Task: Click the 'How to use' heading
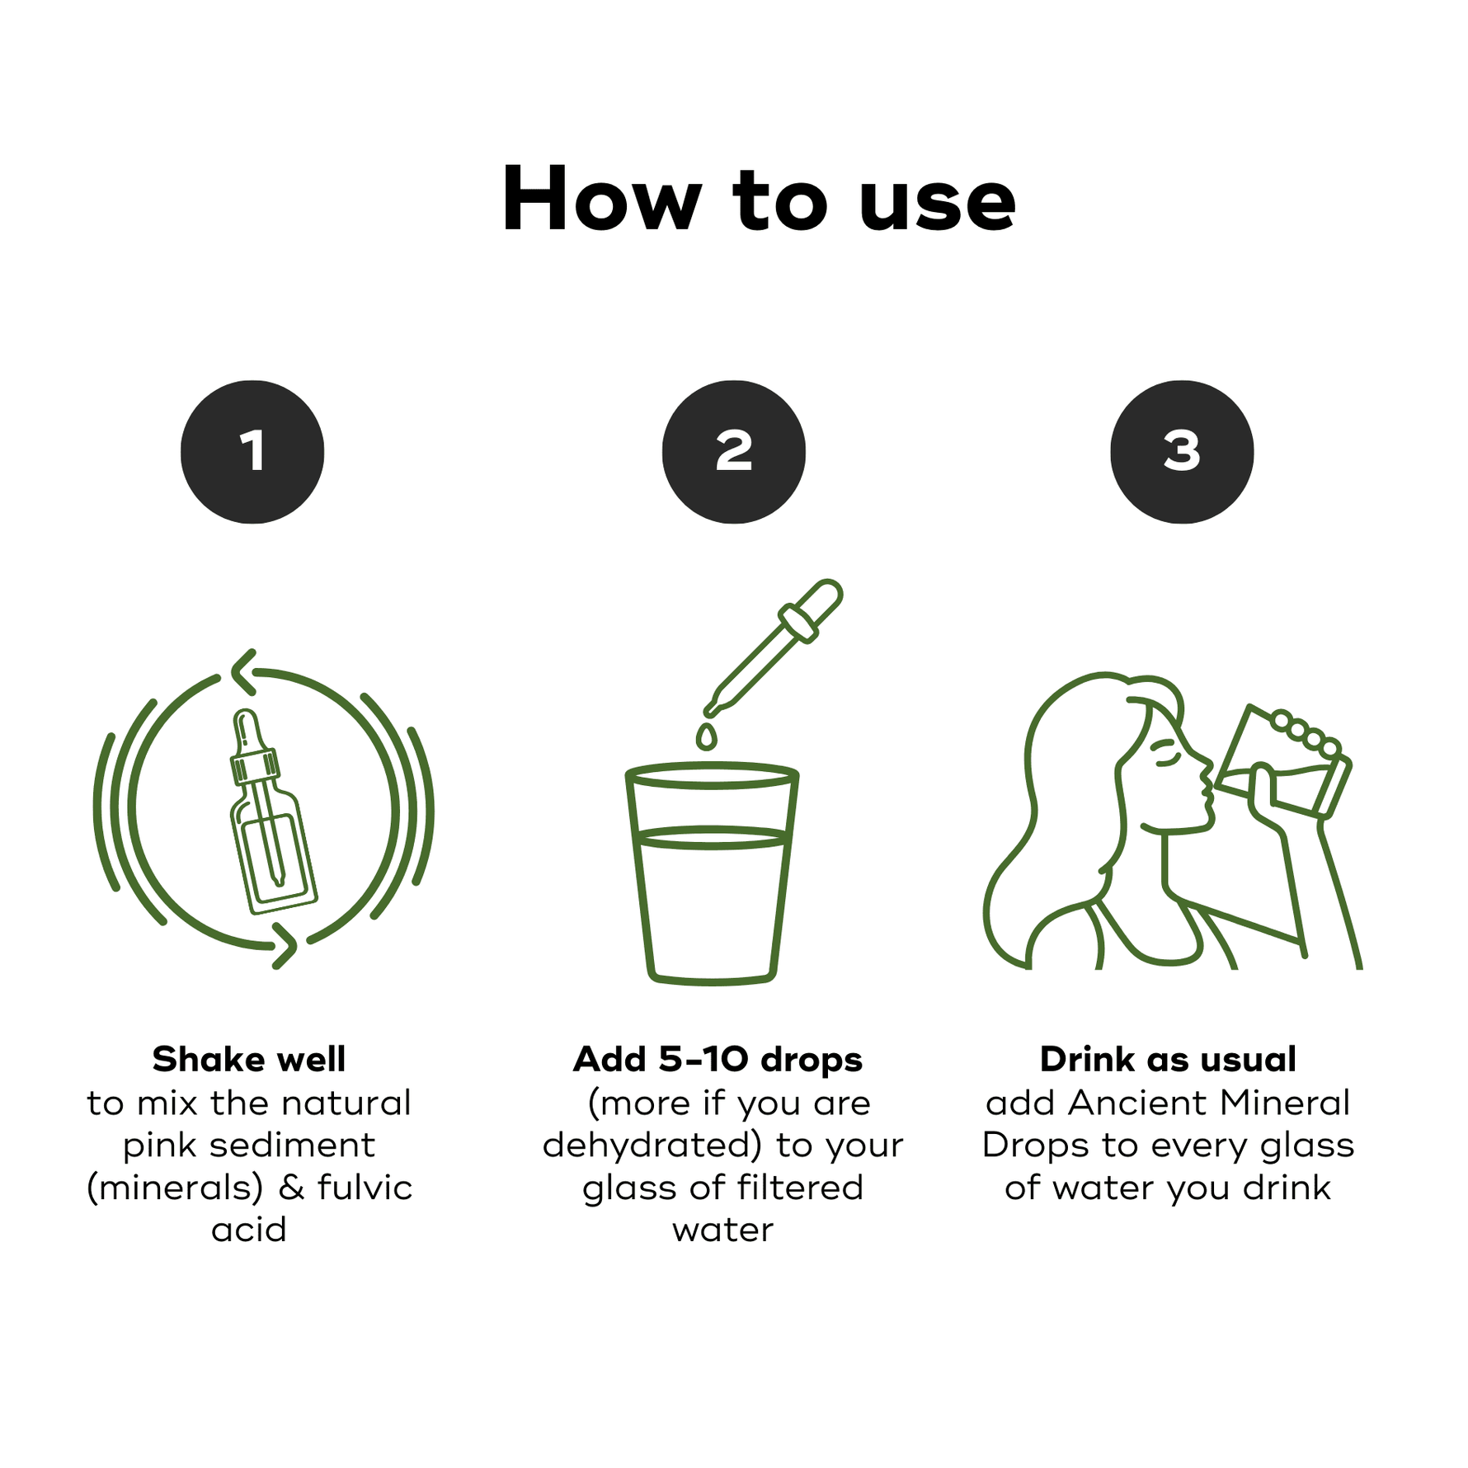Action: [x=759, y=200]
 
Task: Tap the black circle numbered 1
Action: [x=252, y=452]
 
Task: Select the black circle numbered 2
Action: [x=734, y=452]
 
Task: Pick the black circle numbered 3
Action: [x=1182, y=452]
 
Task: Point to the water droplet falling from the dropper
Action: [x=707, y=736]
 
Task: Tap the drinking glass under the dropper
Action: [x=712, y=874]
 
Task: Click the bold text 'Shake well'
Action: [x=249, y=1059]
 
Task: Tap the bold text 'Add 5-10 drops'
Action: [x=718, y=1060]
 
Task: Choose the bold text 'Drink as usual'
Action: [x=1168, y=1059]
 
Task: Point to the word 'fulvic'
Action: [x=365, y=1187]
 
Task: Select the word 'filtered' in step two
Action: [x=800, y=1187]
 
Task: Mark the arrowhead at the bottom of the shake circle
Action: [x=285, y=945]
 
